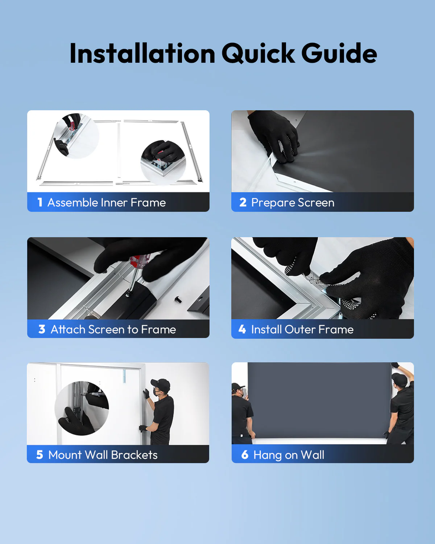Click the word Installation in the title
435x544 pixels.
click(142, 53)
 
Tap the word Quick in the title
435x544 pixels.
click(258, 53)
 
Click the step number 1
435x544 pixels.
click(40, 202)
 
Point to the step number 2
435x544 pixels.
click(243, 202)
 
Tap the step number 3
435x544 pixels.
click(42, 329)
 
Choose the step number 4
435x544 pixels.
click(242, 329)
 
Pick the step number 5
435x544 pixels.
click(40, 454)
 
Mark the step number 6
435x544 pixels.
click(245, 454)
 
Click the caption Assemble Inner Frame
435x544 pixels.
click(107, 202)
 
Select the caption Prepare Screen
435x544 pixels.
click(293, 202)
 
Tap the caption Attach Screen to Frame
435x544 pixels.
click(113, 329)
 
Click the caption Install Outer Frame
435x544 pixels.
click(302, 329)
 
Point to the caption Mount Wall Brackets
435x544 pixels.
click(103, 455)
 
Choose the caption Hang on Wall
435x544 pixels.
click(289, 455)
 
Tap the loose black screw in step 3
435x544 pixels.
click(178, 299)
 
